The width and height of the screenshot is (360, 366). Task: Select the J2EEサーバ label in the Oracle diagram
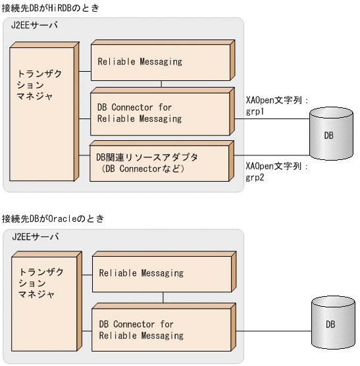35,237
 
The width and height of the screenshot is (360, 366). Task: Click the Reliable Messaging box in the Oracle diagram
161,273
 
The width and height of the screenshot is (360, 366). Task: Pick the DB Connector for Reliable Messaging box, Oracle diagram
161,330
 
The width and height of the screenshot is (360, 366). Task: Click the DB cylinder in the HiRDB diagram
328,135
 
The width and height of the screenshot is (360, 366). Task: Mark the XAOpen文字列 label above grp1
276,101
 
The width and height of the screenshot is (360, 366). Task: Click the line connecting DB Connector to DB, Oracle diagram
273,325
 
